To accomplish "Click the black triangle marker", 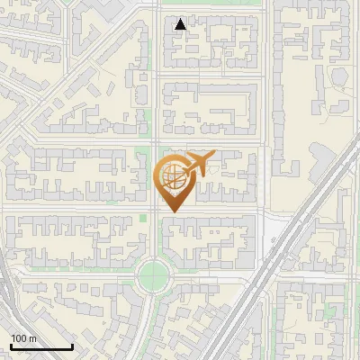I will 181,24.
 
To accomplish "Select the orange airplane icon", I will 198,165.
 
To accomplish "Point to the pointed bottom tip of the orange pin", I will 172,212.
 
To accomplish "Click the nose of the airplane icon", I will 213,155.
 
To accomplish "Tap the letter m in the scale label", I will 32,338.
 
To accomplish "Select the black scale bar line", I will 40,346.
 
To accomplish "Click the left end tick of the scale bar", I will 11,345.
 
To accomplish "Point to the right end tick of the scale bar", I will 72,345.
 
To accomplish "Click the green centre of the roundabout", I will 154,274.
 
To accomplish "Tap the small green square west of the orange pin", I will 142,218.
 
